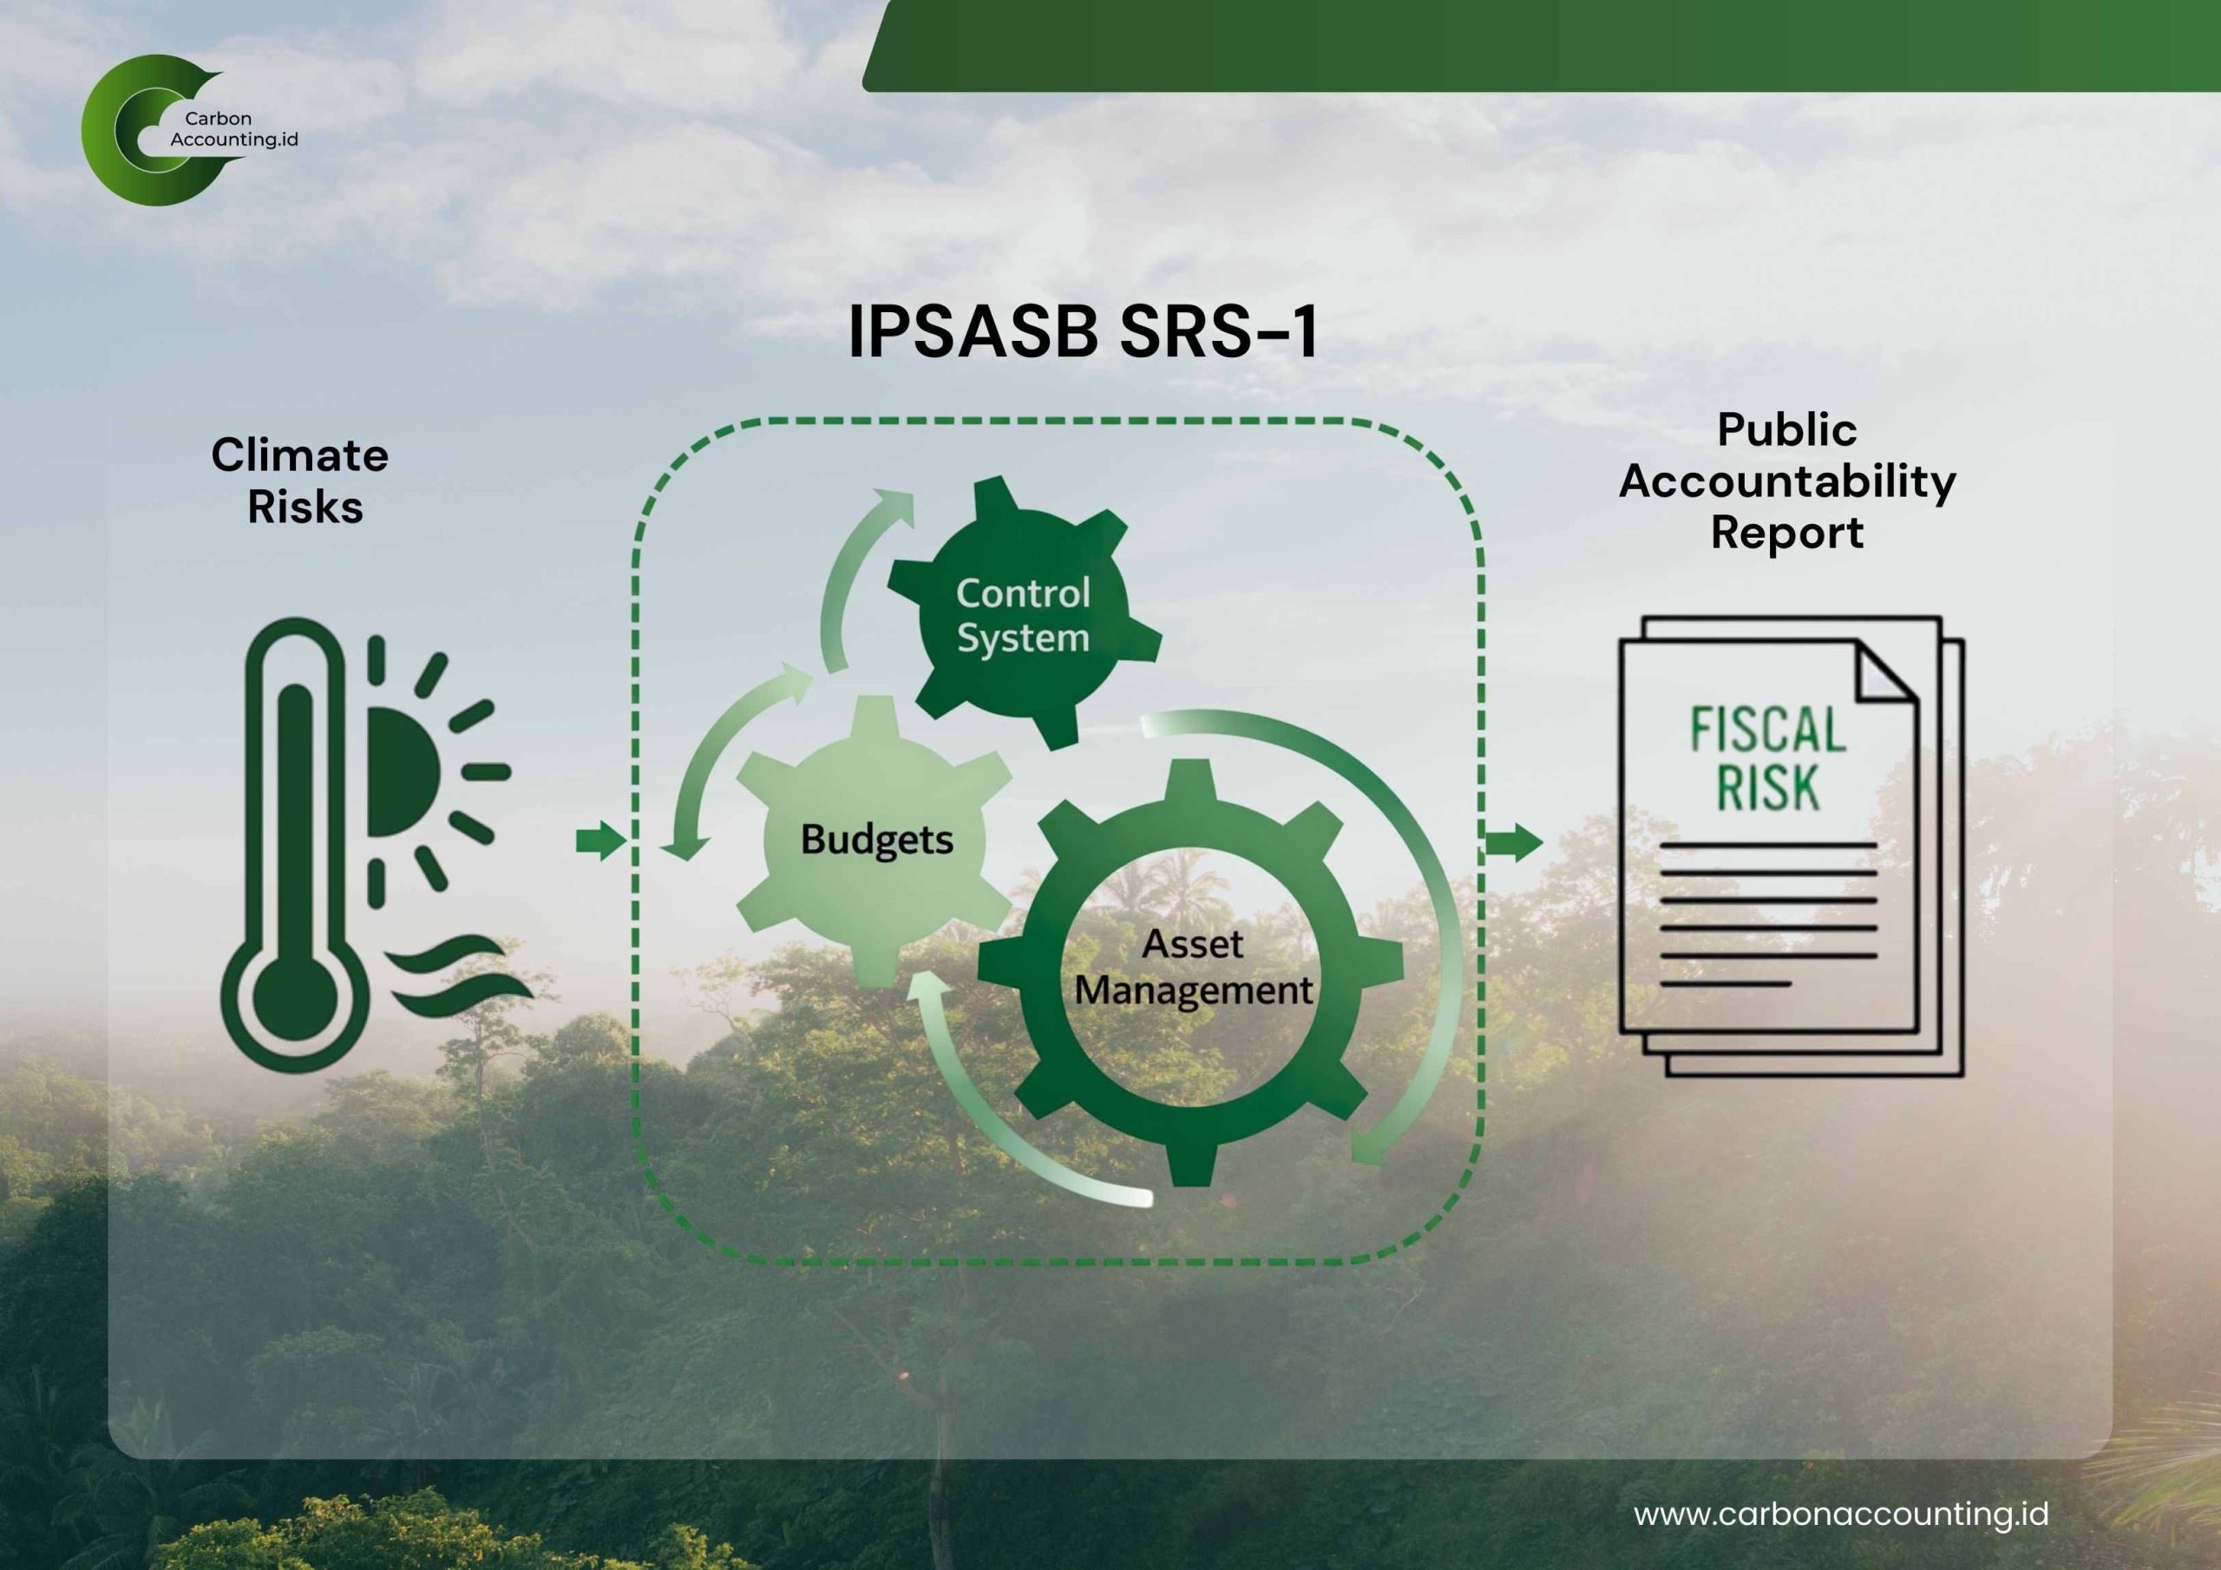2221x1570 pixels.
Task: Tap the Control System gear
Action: click(1023, 615)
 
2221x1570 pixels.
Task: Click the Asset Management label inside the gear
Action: click(1193, 967)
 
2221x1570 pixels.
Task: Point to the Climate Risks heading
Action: click(300, 481)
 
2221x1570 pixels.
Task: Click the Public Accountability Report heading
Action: click(1786, 481)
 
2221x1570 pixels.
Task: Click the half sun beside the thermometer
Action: click(399, 772)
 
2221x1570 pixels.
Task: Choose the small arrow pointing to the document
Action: click(1513, 841)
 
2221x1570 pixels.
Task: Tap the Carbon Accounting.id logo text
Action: click(233, 129)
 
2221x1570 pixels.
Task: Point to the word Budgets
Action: click(876, 840)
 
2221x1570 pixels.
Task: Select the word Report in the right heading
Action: click(1786, 533)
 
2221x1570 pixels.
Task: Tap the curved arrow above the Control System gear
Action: click(851, 571)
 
